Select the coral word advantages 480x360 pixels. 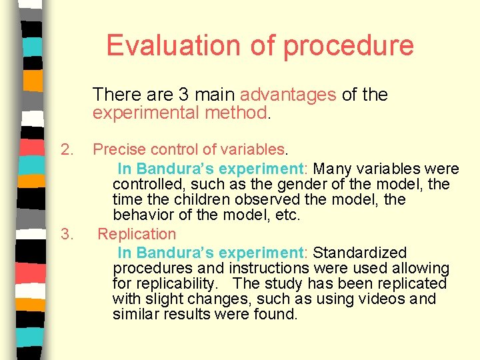288,95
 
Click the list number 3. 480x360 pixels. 66,234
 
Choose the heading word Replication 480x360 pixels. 137,234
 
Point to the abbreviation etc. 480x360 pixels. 288,215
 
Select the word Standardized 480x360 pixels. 359,253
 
